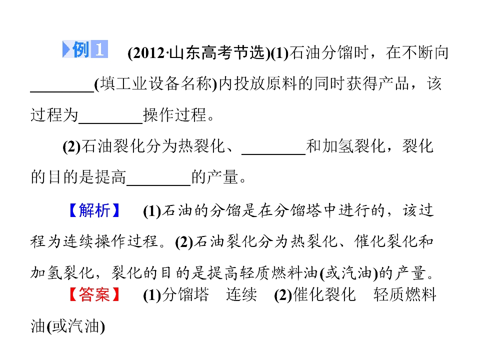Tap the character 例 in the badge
pyautogui.click(x=81, y=49)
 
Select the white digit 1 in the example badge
pyautogui.click(x=99, y=49)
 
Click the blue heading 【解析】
pyautogui.click(x=94, y=210)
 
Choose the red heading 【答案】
pyautogui.click(x=94, y=294)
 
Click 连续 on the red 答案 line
pyautogui.click(x=241, y=294)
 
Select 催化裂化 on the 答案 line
pyautogui.click(x=324, y=294)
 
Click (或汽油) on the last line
pyautogui.click(x=76, y=326)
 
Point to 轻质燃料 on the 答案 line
pyautogui.click(x=404, y=294)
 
